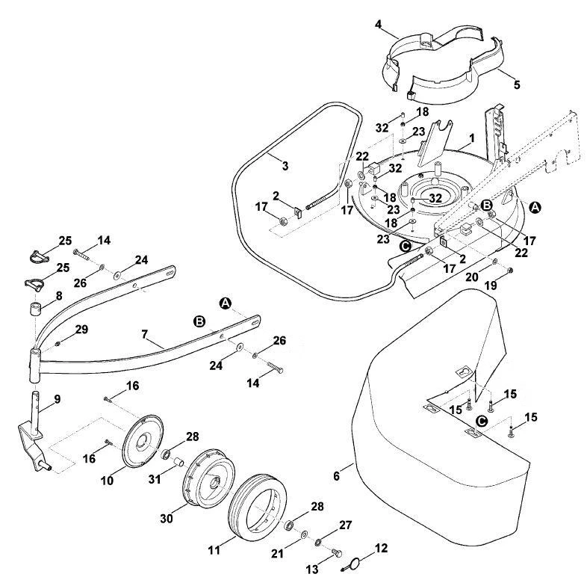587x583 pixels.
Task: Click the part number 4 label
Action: [378, 25]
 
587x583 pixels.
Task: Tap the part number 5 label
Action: [517, 84]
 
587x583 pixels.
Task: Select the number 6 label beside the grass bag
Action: [336, 476]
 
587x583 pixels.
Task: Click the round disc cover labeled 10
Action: [143, 442]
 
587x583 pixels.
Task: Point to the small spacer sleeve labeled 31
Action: [178, 461]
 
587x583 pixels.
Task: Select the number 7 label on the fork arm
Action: [145, 334]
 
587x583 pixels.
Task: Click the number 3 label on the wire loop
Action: [285, 166]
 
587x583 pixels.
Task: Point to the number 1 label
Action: [472, 138]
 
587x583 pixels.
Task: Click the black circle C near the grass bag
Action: [481, 421]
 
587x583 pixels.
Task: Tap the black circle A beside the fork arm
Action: [225, 303]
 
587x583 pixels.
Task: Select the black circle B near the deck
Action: [487, 205]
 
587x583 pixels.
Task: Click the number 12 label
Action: [381, 548]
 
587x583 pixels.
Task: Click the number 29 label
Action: [81, 330]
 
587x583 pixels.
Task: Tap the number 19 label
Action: [491, 286]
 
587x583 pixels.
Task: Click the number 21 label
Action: [277, 553]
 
